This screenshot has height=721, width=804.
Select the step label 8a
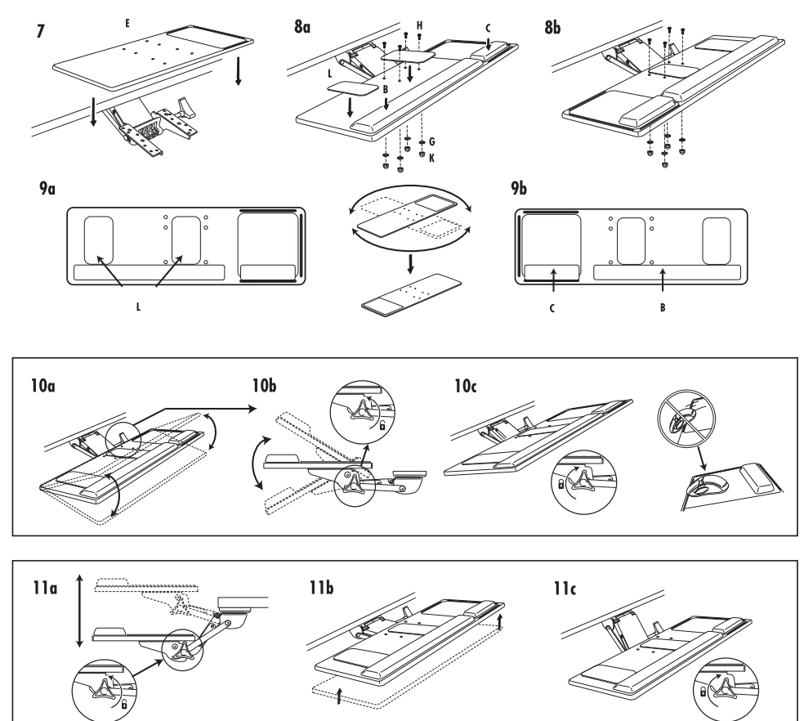click(301, 29)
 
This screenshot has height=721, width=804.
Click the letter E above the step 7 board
click(127, 25)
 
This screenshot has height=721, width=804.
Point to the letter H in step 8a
click(419, 25)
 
